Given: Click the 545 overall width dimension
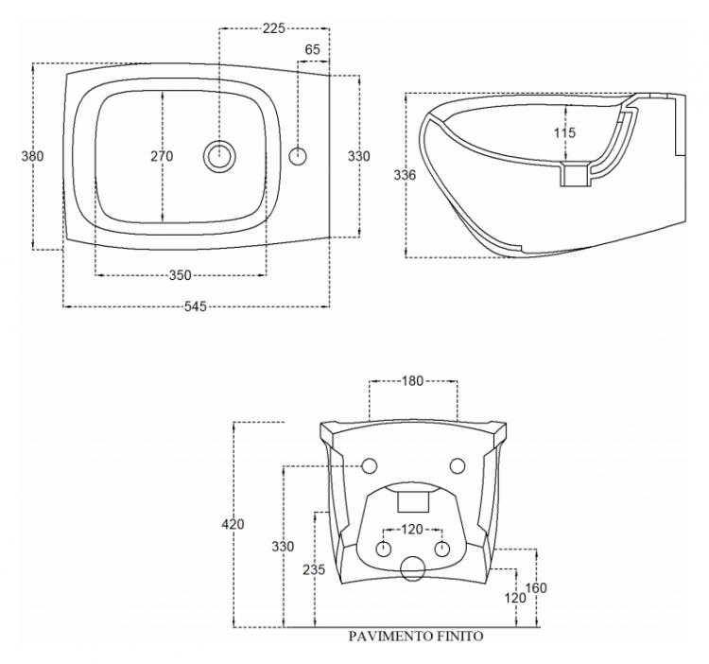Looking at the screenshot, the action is [x=196, y=306].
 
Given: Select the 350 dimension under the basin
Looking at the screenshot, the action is [x=180, y=275].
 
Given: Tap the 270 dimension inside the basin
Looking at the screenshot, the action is [x=162, y=156].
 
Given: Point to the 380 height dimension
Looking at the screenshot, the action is [x=32, y=156].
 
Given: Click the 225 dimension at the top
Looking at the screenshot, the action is [x=274, y=28].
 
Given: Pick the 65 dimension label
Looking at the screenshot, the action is [x=313, y=49].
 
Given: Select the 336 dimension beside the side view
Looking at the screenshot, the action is [x=405, y=175].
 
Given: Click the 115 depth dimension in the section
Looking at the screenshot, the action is [x=564, y=132].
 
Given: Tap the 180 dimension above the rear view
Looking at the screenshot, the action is [x=412, y=381].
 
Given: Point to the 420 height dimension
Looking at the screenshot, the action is [x=233, y=524].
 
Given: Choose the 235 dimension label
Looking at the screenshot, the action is [x=314, y=569].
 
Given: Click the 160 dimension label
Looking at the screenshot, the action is [x=536, y=587].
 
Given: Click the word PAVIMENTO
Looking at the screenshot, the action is [x=389, y=636].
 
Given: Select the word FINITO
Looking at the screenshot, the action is [x=458, y=636].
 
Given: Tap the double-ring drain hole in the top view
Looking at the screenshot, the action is [x=219, y=156].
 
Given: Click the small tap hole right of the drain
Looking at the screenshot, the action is [x=298, y=156].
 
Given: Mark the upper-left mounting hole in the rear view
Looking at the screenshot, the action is [x=370, y=466].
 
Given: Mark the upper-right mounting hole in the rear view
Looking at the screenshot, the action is [x=458, y=466].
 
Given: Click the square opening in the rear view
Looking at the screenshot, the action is [x=413, y=502].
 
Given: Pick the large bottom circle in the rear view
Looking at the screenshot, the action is [x=413, y=568].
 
